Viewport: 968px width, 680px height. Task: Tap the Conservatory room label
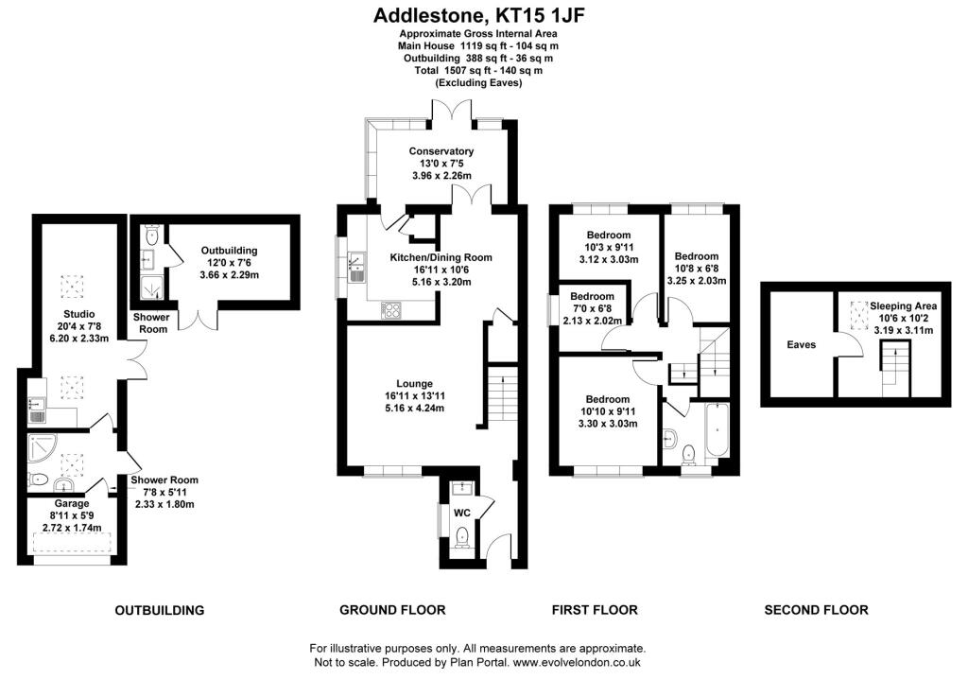coord(441,151)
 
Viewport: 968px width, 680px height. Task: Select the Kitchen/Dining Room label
coord(441,257)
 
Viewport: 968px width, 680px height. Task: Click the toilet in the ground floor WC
coord(461,537)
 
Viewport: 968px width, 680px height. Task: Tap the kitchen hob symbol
coord(391,309)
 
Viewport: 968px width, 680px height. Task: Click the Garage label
coord(72,504)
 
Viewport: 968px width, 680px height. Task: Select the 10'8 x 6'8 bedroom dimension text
coord(697,268)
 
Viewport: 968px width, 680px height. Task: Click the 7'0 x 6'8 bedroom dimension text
coord(592,307)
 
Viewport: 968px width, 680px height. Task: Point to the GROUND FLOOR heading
coord(392,610)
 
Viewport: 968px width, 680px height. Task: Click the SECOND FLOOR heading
coord(816,610)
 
